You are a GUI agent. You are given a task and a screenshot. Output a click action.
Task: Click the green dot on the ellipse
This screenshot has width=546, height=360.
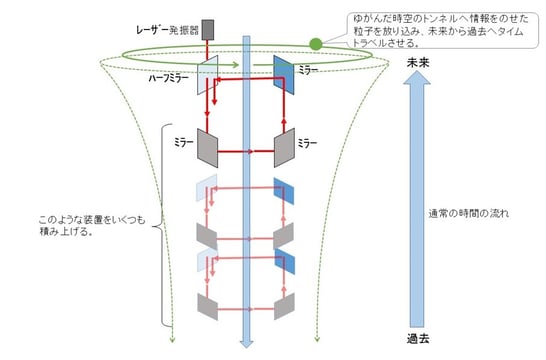point(316,44)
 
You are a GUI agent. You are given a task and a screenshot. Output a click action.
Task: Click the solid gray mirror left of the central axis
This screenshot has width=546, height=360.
point(209,146)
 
